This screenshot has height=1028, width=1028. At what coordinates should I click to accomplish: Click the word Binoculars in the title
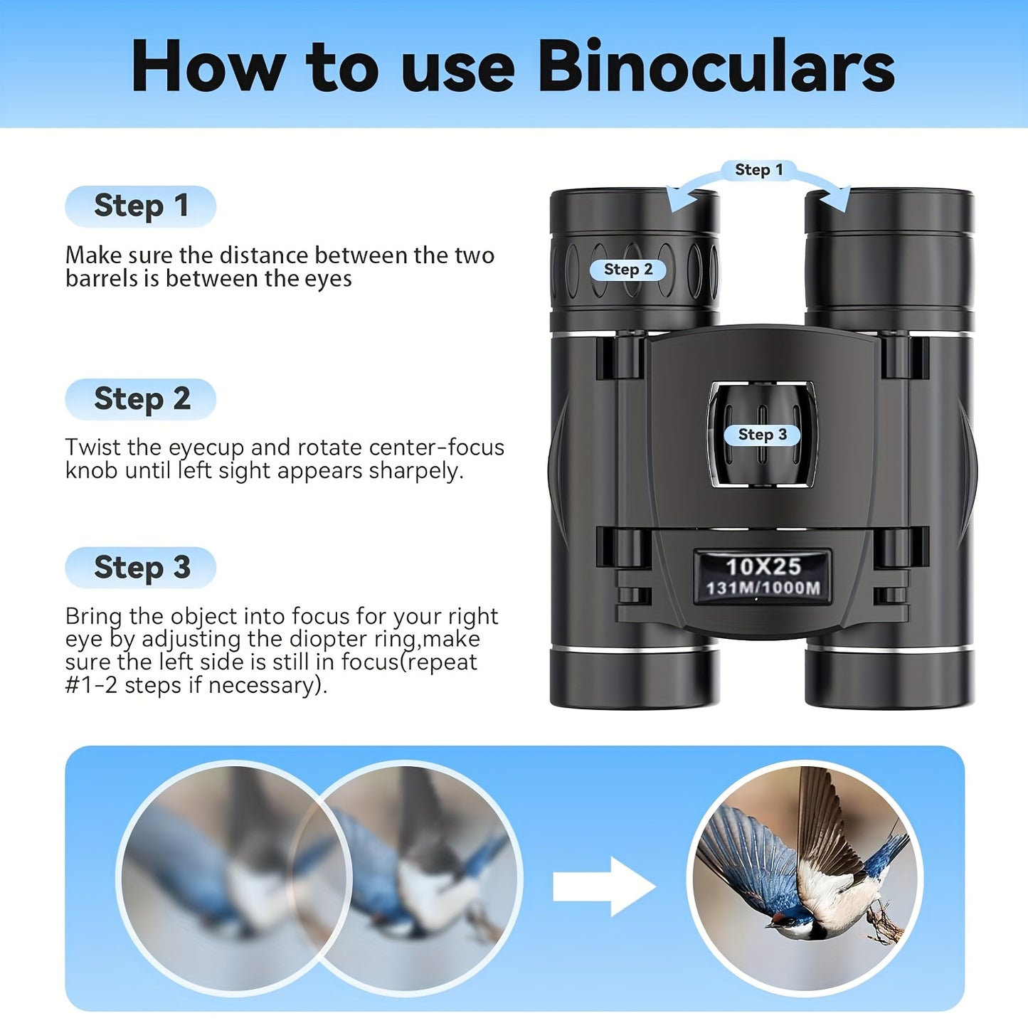click(716, 66)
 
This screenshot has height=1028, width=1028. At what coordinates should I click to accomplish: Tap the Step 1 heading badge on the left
click(140, 206)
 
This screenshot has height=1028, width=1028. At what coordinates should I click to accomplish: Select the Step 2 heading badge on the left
click(140, 399)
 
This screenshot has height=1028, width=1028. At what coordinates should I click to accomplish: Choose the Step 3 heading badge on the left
click(140, 568)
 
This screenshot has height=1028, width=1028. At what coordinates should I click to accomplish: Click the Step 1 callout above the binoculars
click(758, 170)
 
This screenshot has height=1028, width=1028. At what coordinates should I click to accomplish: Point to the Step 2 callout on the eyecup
click(627, 270)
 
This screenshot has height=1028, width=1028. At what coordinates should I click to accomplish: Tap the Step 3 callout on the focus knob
click(762, 435)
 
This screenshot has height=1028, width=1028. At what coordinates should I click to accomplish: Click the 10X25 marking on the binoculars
click(763, 566)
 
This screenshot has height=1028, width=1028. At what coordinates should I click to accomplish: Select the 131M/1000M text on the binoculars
click(763, 588)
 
